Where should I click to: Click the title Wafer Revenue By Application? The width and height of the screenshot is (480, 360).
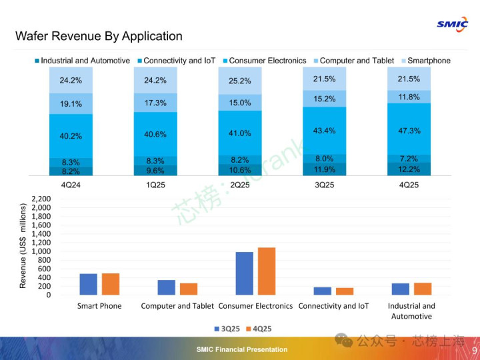pos(99,36)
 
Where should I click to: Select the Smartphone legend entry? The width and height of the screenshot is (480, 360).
pos(429,61)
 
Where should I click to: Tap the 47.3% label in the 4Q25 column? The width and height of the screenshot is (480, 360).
pos(409,131)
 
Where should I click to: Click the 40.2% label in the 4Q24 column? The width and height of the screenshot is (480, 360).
pos(71,136)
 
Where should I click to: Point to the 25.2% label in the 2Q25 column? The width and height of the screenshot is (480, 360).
pos(240,81)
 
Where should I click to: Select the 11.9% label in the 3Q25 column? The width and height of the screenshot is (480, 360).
pos(325,169)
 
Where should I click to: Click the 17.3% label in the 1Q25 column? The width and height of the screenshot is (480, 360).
pos(155,103)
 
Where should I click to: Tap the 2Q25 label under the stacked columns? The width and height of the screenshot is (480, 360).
pos(240,185)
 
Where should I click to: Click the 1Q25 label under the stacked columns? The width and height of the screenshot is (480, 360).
pos(155,185)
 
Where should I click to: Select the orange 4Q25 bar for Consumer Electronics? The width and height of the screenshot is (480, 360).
pos(267,271)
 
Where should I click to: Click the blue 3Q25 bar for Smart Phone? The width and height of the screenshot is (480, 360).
pos(89,284)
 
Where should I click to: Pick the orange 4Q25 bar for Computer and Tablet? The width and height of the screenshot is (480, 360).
pos(189,289)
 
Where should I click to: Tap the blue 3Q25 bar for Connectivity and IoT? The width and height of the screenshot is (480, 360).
pos(322,291)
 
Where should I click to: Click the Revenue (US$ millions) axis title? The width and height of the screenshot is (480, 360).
pos(23,246)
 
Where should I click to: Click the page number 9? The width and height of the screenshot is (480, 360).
pos(474,351)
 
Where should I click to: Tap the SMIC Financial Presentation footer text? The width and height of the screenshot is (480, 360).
pos(242,349)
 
